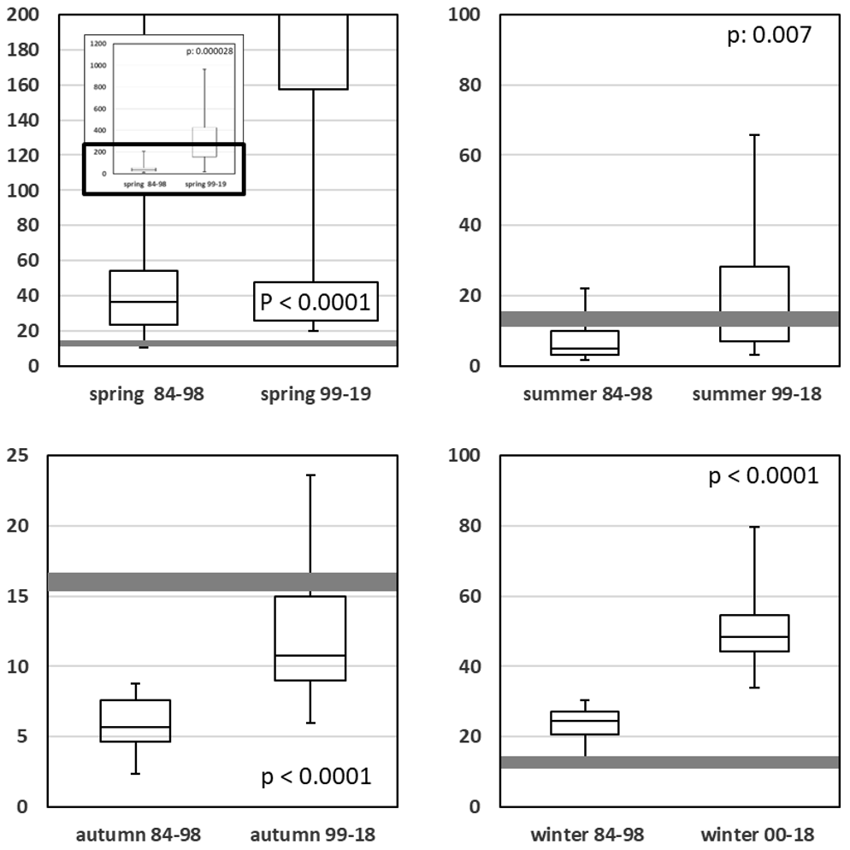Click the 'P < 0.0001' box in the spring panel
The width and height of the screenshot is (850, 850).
(x=316, y=301)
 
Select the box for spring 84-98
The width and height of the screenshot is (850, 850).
(x=144, y=298)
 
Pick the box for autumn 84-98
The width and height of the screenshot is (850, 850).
(x=135, y=721)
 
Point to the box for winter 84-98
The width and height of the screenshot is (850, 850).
(x=584, y=723)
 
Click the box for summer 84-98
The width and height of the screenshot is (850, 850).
(x=584, y=342)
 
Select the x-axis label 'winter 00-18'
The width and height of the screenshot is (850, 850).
(x=756, y=835)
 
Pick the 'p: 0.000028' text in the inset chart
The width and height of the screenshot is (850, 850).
(x=210, y=51)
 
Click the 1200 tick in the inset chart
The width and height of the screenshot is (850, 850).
(x=97, y=44)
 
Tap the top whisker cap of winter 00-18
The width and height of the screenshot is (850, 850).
(x=755, y=527)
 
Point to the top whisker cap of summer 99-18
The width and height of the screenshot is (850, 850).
(x=755, y=135)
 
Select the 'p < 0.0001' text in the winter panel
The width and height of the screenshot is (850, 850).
(x=764, y=475)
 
